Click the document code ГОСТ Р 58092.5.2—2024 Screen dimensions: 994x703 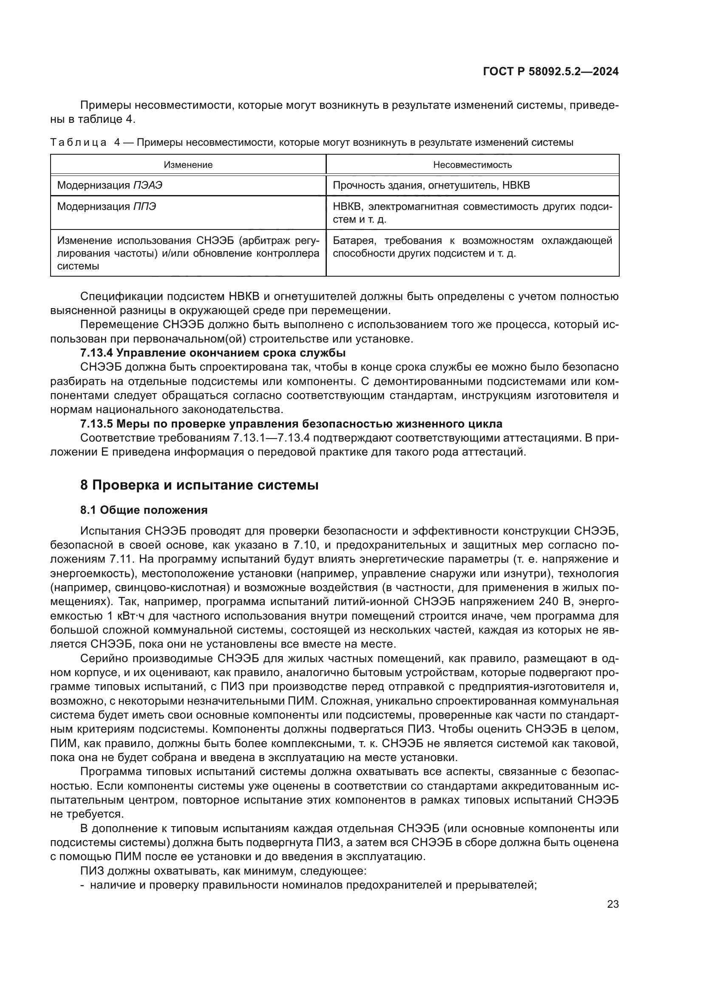[550, 72]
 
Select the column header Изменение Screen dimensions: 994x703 [188, 165]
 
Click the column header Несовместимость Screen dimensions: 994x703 [472, 165]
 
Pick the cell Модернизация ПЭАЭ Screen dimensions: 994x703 [110, 186]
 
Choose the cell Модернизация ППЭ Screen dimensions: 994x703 [107, 207]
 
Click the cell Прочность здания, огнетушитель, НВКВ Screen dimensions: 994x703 [431, 186]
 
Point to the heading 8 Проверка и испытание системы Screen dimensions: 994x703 [199, 485]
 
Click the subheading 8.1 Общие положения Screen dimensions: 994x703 [144, 510]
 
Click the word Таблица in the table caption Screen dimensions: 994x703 [78, 142]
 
